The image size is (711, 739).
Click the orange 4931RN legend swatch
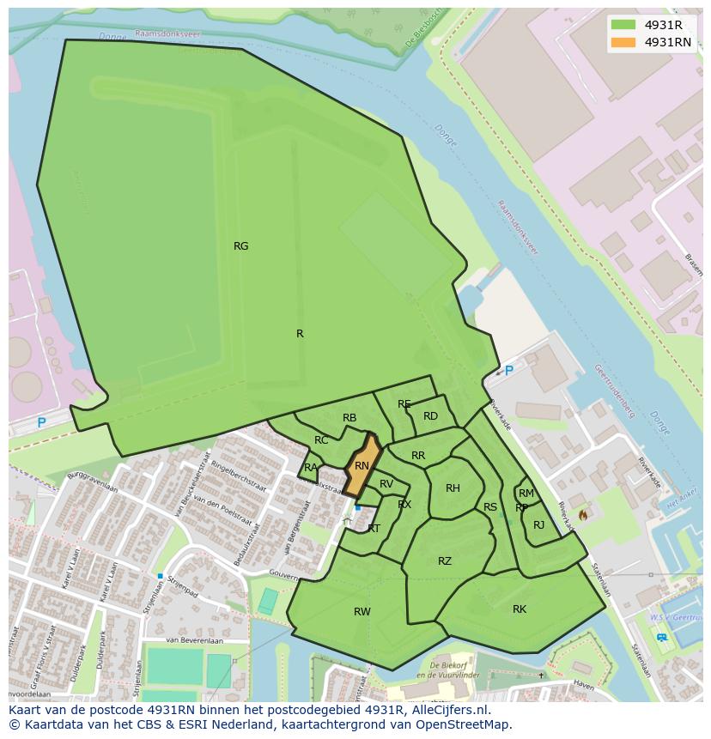623,42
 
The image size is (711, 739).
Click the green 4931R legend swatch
623,25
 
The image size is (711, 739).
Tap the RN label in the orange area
362,466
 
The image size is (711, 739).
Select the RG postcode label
241,246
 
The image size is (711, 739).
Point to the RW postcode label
362,612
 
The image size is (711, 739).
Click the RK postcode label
520,609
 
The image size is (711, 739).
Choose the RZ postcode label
445,561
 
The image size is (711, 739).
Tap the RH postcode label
453,488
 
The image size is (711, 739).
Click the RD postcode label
430,416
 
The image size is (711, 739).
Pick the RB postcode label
349,419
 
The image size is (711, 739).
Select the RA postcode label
311,468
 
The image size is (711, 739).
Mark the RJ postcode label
538,525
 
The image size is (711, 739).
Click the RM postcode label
526,494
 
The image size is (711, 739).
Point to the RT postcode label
374,529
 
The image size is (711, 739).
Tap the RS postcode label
490,507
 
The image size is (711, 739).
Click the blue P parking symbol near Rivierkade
508,371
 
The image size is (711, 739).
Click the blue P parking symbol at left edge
41,423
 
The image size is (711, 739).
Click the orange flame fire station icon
584,515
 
